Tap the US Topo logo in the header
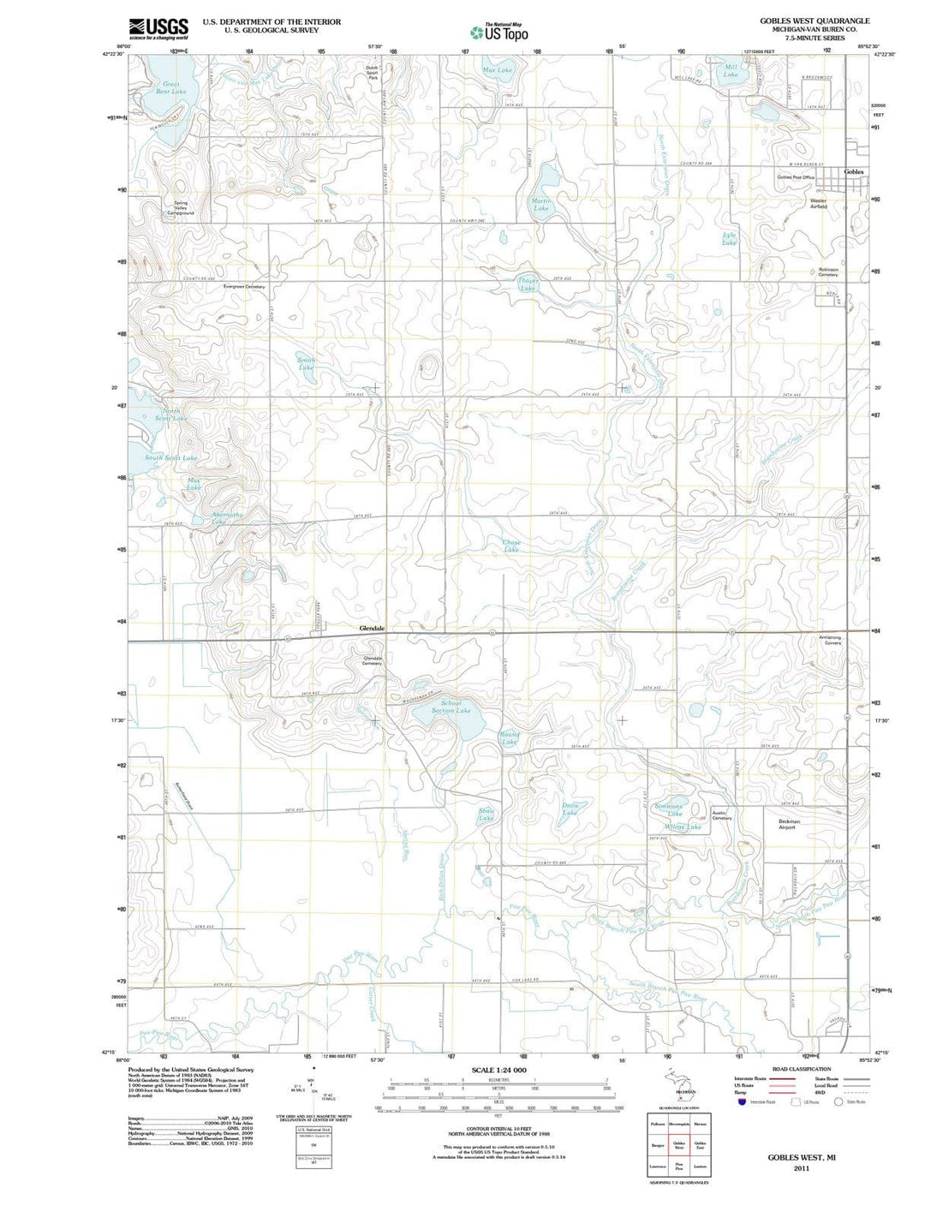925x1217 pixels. click(x=499, y=33)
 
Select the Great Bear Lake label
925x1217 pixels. click(x=172, y=87)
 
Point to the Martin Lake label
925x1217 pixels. click(x=541, y=204)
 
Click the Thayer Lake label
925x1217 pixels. click(x=528, y=284)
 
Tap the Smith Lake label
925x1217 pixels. click(x=307, y=363)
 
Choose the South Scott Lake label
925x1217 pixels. click(x=170, y=458)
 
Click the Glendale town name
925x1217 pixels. click(x=372, y=628)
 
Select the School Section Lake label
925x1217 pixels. click(x=451, y=707)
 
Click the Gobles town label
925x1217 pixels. click(x=854, y=172)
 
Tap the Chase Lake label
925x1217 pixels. click(x=511, y=546)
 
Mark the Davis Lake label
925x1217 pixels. click(x=570, y=808)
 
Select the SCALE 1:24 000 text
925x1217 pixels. click(x=498, y=1071)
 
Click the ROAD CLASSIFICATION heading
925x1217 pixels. click(x=802, y=1069)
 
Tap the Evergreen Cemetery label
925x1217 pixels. click(x=244, y=287)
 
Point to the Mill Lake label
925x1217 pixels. click(x=731, y=70)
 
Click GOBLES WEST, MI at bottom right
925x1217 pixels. click(x=801, y=1157)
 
